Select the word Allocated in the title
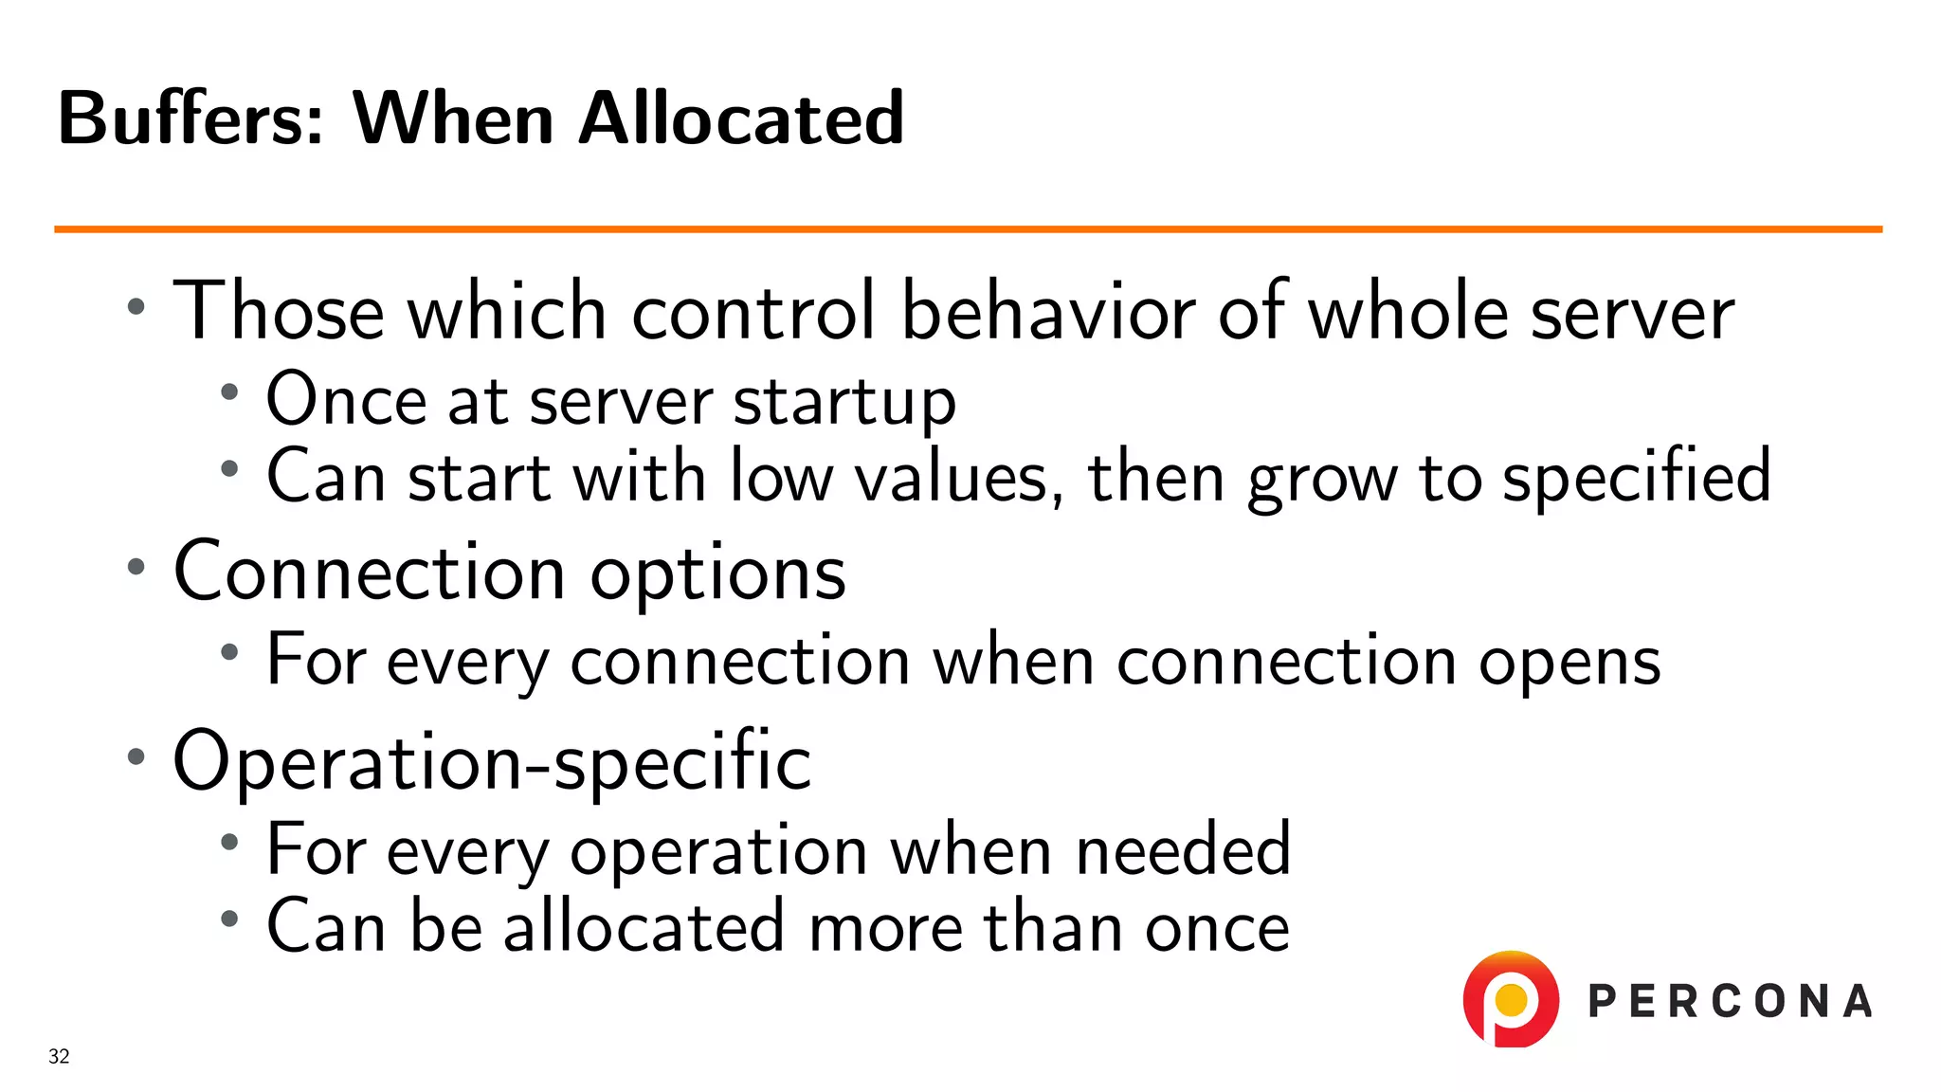pos(741,118)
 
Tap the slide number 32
pos(59,1056)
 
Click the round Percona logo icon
pos(1511,999)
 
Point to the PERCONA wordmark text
pos(1730,1002)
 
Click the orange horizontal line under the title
pos(967,229)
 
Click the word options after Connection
pos(717,573)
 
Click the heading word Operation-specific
pos(492,761)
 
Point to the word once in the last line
pos(1217,927)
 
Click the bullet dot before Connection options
pos(136,568)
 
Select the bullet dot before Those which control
pos(136,306)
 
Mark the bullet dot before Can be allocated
pos(228,918)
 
